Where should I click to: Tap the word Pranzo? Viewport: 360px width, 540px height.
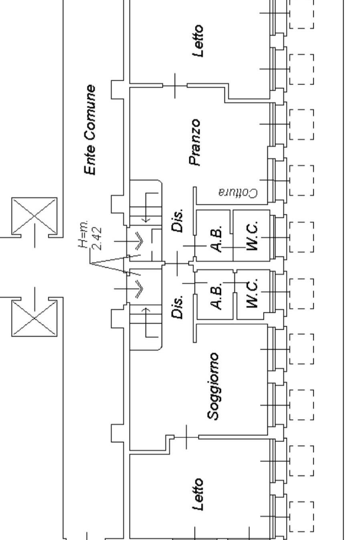(x=195, y=142)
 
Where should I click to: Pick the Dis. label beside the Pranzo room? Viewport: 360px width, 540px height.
(x=178, y=220)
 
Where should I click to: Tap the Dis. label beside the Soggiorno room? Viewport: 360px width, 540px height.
(x=178, y=307)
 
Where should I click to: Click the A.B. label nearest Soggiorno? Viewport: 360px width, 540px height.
(x=216, y=297)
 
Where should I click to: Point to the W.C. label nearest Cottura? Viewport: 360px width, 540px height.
(x=252, y=237)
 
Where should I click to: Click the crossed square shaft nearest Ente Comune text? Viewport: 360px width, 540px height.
(x=34, y=216)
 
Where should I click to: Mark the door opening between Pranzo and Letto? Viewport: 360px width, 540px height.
(x=175, y=85)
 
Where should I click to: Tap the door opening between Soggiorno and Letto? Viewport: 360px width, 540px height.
(x=186, y=437)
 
